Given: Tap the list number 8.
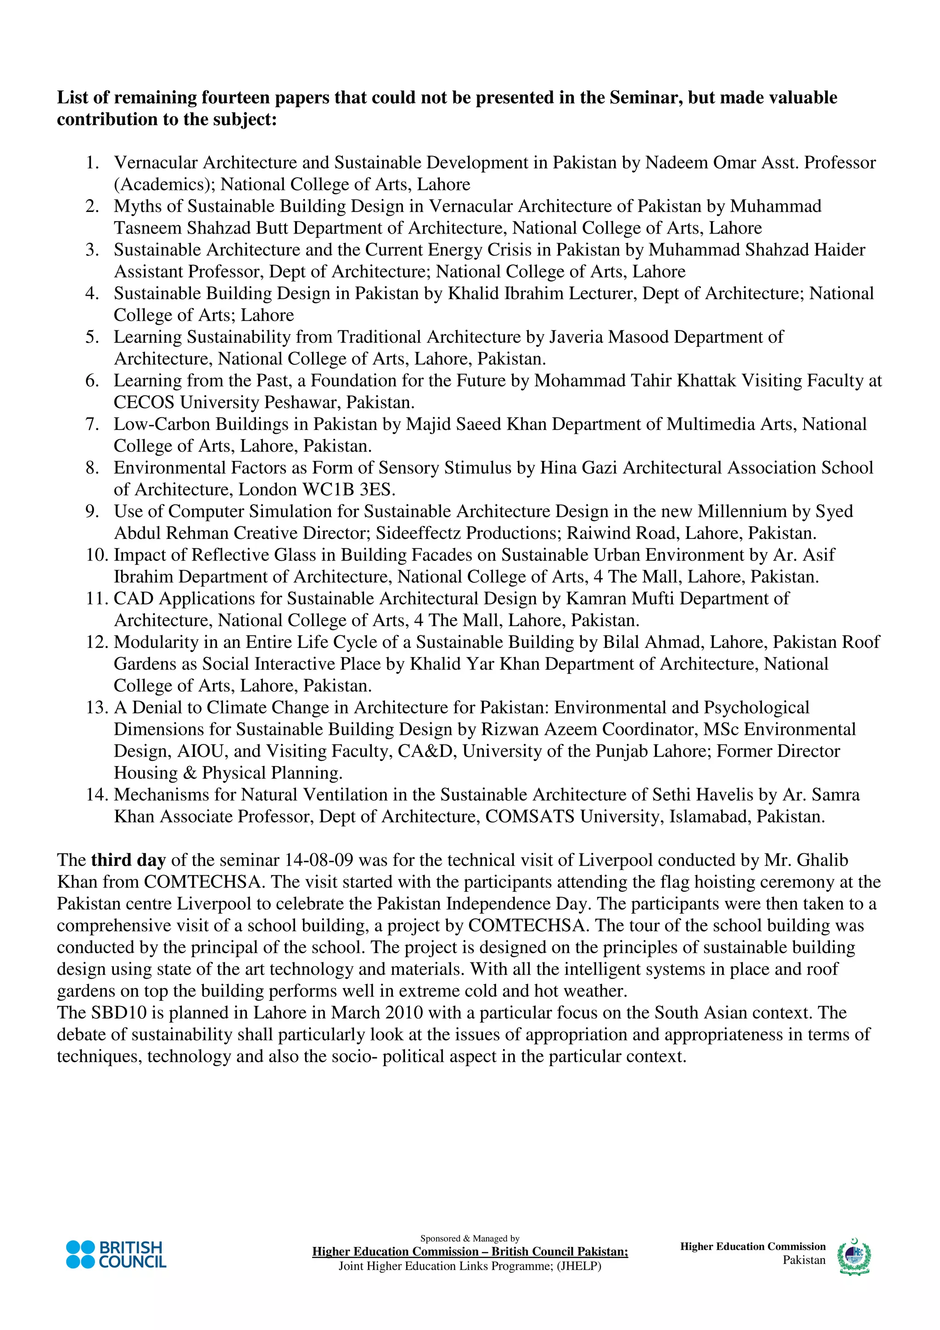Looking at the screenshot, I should (92, 468).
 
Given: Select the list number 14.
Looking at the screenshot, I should (96, 795).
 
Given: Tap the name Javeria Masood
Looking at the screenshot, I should (608, 337).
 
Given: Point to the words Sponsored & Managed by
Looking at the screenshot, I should (470, 1239).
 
